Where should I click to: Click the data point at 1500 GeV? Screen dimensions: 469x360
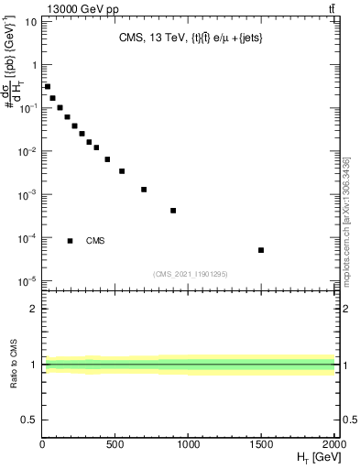261,250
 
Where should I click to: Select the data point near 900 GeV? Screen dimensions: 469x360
173,211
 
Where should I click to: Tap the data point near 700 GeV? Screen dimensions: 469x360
144,190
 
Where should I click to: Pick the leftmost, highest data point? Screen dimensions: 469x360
48,87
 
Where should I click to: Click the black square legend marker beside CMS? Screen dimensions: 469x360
71,241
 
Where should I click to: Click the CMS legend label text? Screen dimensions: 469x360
95,241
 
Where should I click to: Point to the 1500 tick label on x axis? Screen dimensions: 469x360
261,445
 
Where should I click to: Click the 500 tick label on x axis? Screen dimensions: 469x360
115,445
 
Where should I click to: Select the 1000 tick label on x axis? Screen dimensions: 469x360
188,445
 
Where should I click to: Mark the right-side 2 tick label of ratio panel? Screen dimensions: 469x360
346,309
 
